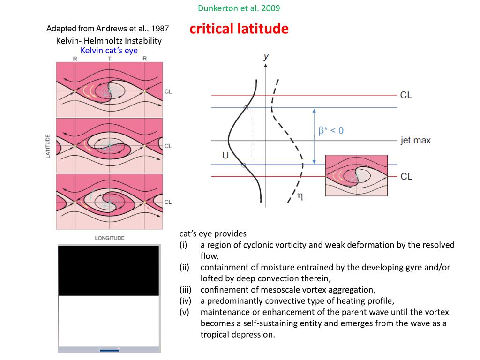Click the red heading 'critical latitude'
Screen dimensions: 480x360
[239, 29]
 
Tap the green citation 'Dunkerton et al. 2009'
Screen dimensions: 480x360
[240, 8]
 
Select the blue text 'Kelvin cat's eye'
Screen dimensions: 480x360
[109, 50]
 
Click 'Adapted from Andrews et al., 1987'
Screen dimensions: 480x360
[108, 29]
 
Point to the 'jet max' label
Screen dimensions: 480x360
[415, 140]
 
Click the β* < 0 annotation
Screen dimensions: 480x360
[331, 131]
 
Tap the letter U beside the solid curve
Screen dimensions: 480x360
[225, 155]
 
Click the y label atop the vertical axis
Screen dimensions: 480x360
[266, 57]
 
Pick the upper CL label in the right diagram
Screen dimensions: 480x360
[406, 95]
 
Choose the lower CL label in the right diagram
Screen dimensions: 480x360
[406, 176]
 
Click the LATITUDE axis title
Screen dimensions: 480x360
[48, 146]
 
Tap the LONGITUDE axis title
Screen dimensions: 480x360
[110, 238]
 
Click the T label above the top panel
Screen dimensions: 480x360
[110, 59]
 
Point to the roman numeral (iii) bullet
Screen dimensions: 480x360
[186, 290]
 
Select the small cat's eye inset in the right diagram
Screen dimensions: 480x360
[356, 175]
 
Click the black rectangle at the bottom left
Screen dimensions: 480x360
[108, 270]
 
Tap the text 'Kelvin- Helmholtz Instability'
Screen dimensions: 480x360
[109, 41]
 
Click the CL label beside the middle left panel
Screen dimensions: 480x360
[168, 146]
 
